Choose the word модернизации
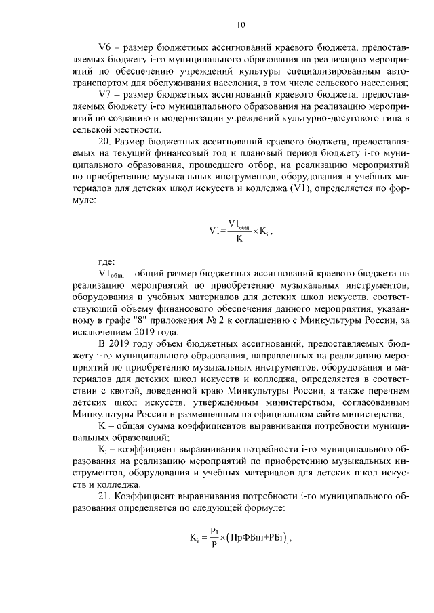(x=186, y=118)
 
